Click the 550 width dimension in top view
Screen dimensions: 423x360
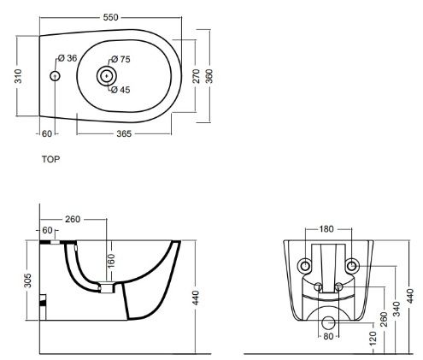tap(110, 17)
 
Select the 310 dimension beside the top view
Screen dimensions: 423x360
tap(18, 76)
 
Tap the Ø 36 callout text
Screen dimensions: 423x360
tap(68, 58)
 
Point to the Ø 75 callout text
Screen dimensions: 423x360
tap(120, 59)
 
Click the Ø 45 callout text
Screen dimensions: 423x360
tap(120, 90)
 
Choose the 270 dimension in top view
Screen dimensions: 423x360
tap(197, 76)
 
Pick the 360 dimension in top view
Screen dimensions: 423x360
tap(209, 76)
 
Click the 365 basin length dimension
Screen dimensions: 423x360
tap(124, 133)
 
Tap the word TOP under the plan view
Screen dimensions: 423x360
tap(51, 159)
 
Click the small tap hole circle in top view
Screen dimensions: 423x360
tap(55, 76)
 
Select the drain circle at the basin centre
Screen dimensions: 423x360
tap(107, 76)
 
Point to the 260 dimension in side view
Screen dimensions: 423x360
tap(73, 219)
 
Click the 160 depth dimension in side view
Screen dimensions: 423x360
tap(111, 260)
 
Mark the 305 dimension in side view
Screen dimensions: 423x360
tap(27, 280)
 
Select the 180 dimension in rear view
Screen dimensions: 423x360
tap(326, 229)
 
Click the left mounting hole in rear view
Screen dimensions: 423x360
tap(305, 266)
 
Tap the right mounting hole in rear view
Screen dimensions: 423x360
tap(352, 266)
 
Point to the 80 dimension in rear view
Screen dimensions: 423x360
tap(328, 336)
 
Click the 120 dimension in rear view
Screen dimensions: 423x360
tap(373, 339)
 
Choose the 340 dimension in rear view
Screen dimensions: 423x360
tap(397, 309)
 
